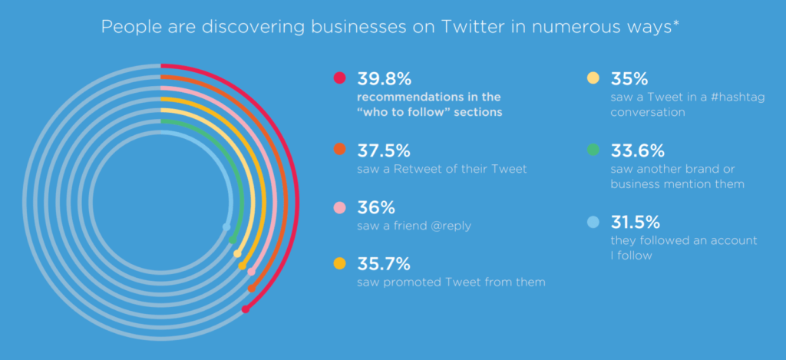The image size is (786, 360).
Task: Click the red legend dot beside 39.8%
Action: (x=339, y=78)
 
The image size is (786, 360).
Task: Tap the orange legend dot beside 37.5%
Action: (x=339, y=149)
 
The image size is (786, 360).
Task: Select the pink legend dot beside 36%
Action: (x=339, y=207)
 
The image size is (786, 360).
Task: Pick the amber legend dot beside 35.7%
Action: (x=339, y=264)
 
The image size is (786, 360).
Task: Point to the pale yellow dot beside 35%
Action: (x=593, y=78)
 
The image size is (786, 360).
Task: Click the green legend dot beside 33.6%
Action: (x=593, y=149)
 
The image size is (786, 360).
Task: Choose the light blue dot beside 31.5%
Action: (x=593, y=223)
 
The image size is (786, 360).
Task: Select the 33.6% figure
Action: (x=638, y=149)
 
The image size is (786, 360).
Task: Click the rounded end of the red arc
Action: (x=245, y=309)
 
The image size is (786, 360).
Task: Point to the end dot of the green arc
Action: (x=233, y=240)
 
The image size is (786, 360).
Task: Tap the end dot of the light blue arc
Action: (x=226, y=226)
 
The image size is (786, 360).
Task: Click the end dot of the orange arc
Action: (x=252, y=289)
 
